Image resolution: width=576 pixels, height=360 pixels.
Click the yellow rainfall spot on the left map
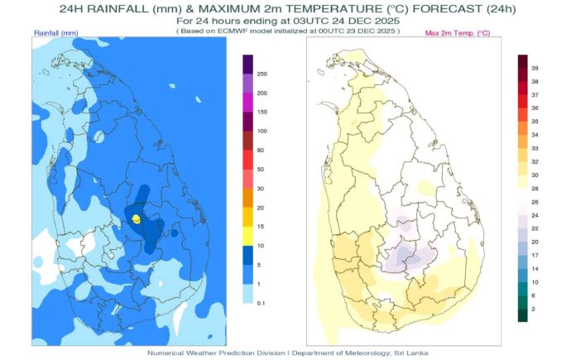(x=136, y=219)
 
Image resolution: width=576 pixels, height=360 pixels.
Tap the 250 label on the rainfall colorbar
(x=262, y=74)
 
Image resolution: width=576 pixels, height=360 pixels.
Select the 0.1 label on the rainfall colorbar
(x=261, y=304)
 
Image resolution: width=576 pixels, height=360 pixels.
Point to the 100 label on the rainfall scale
(x=262, y=131)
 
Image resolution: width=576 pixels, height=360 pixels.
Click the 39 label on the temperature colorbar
(x=535, y=69)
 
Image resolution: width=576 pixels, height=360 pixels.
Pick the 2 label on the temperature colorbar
(x=534, y=310)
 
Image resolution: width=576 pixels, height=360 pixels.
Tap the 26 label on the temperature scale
(x=535, y=203)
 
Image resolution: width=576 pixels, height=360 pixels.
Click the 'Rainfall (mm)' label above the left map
(x=56, y=33)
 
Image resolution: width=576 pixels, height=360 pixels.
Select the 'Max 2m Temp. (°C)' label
(x=458, y=33)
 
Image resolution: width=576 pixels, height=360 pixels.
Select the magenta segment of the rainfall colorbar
(x=248, y=103)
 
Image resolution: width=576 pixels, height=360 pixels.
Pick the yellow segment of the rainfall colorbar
(x=248, y=236)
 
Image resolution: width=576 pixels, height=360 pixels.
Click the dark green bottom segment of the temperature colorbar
(x=523, y=315)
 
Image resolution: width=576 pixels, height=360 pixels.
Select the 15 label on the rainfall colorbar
(x=261, y=227)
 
